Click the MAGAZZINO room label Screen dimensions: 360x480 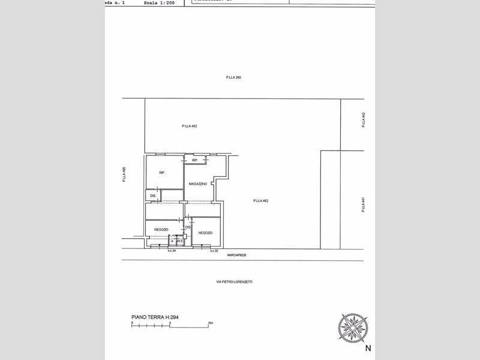(197, 184)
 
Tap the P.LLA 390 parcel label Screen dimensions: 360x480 (233, 77)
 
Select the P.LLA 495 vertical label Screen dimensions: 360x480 (124, 175)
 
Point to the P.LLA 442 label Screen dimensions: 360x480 (363, 119)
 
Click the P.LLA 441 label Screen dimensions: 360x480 (363, 205)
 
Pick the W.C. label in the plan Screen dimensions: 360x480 (179, 241)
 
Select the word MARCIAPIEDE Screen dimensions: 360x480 (237, 255)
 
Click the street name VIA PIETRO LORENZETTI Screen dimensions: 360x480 (234, 281)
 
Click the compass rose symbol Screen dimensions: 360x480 (353, 328)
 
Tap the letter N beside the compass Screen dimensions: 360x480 (368, 347)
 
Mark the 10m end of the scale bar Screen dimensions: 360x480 (210, 323)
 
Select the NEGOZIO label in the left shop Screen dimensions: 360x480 (161, 230)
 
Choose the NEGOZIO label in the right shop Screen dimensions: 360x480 (205, 233)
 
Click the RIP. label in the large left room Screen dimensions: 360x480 (162, 173)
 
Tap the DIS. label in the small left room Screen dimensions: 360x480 (153, 196)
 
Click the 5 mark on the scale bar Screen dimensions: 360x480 (170, 323)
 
